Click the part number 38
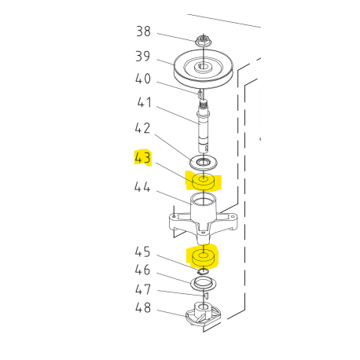pos(143,31)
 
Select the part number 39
pos(143,56)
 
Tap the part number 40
pos(143,79)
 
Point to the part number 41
pos(145,102)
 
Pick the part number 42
pos(142,128)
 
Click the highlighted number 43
pos(143,158)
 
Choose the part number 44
pos(142,187)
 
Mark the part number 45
pos(143,252)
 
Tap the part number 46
pos(143,270)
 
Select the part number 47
pos(143,289)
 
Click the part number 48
pos(143,307)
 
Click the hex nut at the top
pos(203,40)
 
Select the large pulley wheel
pos(204,69)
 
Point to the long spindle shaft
pos(204,127)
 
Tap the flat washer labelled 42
pos(204,163)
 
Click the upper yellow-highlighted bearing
pos(204,182)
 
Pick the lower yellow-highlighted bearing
pos(204,258)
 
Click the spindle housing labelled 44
pos(204,218)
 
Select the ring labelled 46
pos(204,284)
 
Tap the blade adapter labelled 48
pos(204,314)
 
